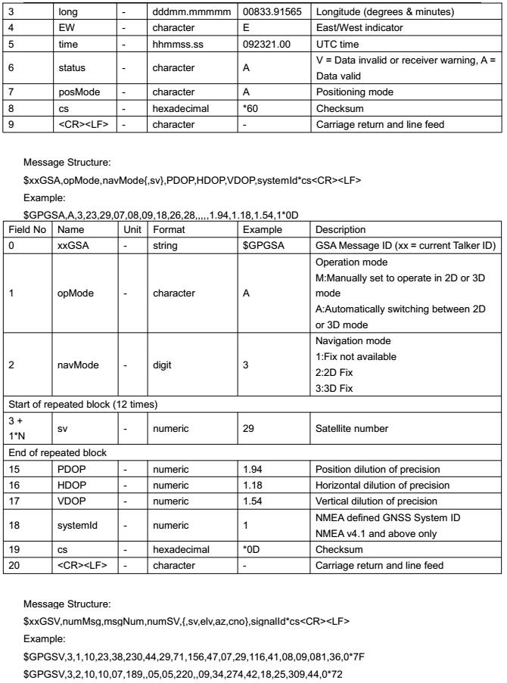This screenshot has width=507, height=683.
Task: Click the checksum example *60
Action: coord(250,108)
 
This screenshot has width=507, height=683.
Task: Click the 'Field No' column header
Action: coord(27,229)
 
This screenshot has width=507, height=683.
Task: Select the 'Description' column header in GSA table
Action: coord(341,229)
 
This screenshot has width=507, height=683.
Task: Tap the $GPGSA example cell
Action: coord(263,245)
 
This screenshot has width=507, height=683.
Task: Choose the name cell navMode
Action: coord(77,364)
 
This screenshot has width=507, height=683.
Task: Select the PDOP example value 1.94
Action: coord(253,469)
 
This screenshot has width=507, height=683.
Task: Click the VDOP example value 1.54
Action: coord(253,501)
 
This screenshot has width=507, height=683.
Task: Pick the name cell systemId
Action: coord(78,525)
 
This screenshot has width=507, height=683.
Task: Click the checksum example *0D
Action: coord(252,549)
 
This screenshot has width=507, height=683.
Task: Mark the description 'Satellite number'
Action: coord(353,428)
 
